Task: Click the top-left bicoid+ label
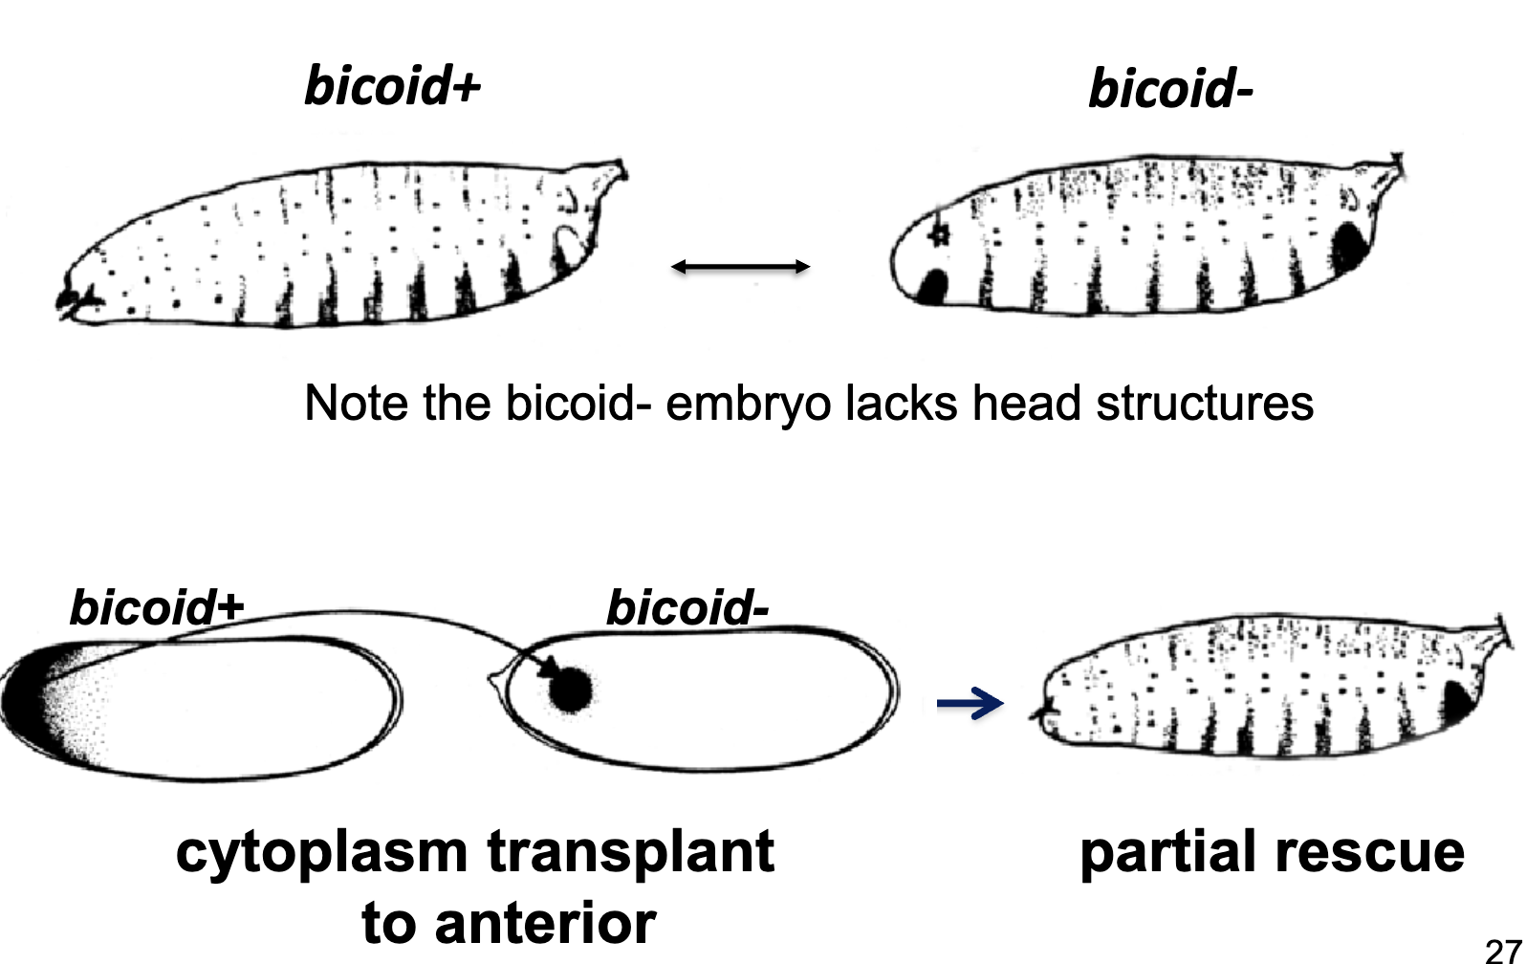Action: [x=392, y=86]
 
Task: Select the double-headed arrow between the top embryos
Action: [x=740, y=267]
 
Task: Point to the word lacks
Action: [x=902, y=403]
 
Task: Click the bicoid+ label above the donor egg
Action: [x=156, y=607]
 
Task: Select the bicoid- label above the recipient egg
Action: [x=687, y=607]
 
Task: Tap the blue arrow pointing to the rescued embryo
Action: [x=970, y=704]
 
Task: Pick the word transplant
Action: [x=630, y=852]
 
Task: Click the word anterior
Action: [x=545, y=923]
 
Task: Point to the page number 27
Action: [x=1504, y=951]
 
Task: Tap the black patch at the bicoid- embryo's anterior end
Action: [x=932, y=286]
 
